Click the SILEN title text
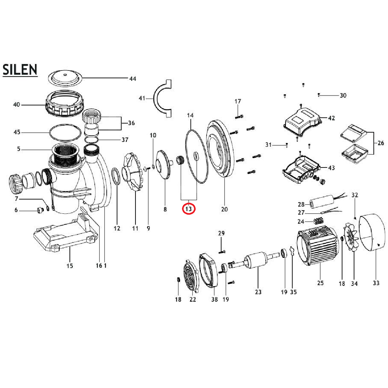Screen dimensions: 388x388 (20, 70)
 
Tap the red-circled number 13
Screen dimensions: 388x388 (189, 209)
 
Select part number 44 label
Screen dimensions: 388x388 (133, 79)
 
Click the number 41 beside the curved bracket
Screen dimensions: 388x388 (142, 98)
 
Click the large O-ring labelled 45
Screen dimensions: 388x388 (66, 132)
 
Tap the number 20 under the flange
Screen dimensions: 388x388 (224, 210)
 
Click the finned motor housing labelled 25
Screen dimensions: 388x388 (318, 246)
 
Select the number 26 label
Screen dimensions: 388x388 (381, 143)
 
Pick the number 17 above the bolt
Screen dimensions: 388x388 (238, 101)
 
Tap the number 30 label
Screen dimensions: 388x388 (343, 95)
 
